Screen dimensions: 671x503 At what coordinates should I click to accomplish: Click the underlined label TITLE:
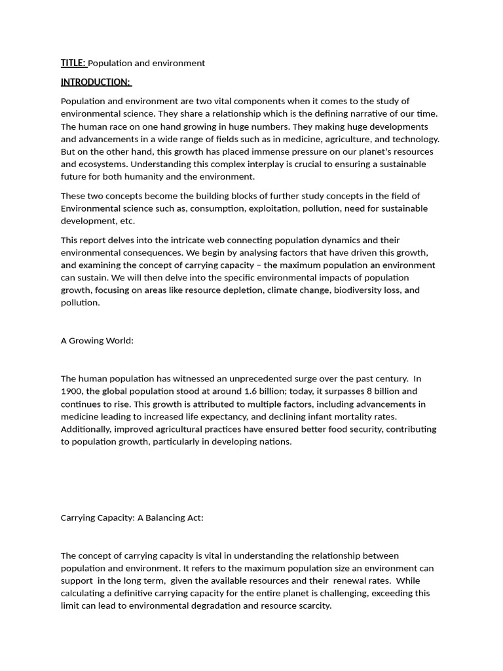tap(73, 63)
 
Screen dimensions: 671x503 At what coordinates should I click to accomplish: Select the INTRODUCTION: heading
tap(96, 82)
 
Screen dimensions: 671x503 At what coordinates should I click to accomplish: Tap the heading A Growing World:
tap(97, 341)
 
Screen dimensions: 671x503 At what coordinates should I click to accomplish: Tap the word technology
tap(415, 139)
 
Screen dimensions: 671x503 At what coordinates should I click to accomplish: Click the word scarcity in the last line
tap(312, 605)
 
